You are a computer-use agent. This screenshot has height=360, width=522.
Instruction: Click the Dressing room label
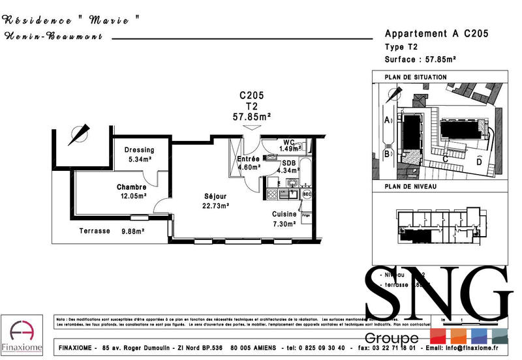tap(139, 149)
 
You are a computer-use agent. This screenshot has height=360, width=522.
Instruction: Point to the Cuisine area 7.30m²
tap(284, 223)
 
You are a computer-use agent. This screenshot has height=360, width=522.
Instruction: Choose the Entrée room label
tap(249, 158)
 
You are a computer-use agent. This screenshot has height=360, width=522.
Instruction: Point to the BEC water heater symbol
tap(307, 194)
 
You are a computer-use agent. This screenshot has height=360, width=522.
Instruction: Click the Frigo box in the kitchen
tap(305, 215)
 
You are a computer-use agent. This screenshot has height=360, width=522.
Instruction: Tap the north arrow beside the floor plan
tap(79, 134)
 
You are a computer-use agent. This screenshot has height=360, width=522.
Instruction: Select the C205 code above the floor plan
tap(251, 95)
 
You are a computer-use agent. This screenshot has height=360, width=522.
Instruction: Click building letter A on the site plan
tap(386, 120)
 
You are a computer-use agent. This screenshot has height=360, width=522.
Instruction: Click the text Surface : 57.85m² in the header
tap(420, 59)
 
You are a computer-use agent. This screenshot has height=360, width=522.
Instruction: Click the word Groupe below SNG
tap(391, 338)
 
